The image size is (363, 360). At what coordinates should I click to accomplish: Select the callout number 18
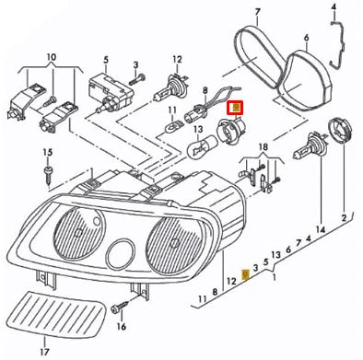[x=263, y=147]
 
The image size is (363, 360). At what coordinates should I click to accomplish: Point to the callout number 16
[x=121, y=325]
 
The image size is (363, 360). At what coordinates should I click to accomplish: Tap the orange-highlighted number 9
[x=244, y=274]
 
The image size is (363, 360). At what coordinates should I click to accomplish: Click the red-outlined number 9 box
[x=236, y=109]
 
